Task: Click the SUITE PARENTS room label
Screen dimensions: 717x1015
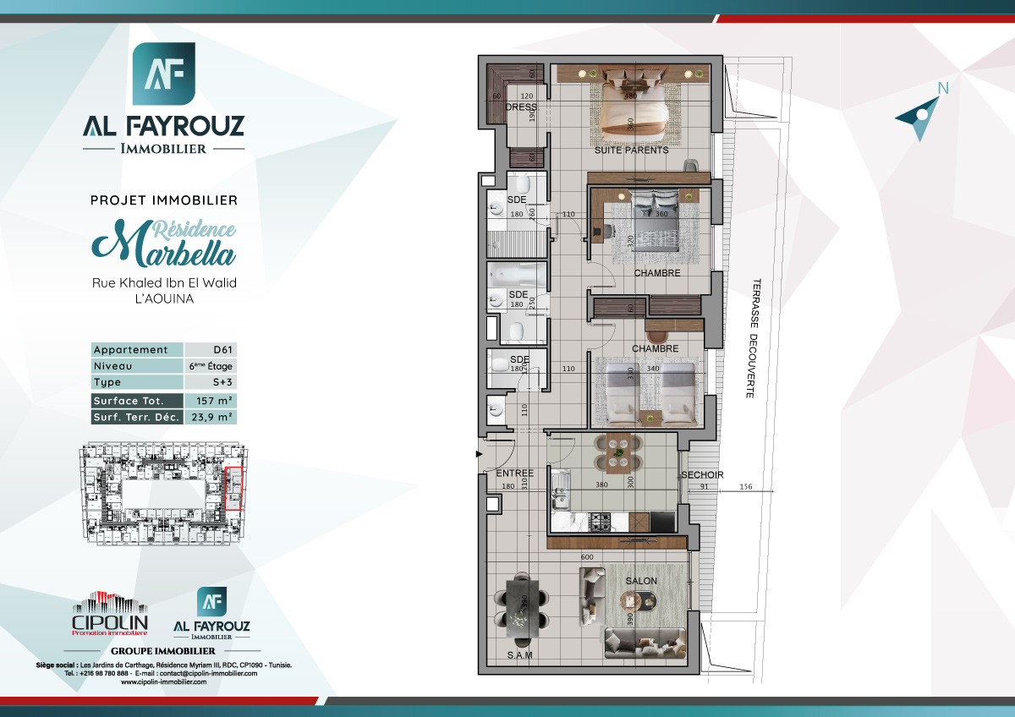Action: tap(631, 151)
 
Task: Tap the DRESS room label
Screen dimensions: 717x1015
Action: tap(521, 107)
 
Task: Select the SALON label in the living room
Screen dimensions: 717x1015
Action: tap(641, 582)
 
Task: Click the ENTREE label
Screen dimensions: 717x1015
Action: tap(513, 473)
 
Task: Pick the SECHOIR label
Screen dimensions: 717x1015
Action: tap(701, 475)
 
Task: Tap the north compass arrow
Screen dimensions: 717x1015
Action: tap(919, 113)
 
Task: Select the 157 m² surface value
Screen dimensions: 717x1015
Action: tap(210, 401)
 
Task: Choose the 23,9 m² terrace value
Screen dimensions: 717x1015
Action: tap(210, 417)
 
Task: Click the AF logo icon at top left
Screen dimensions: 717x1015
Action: tap(164, 74)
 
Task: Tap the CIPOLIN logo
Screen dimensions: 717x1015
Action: tap(109, 615)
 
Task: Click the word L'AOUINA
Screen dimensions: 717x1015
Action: tap(164, 298)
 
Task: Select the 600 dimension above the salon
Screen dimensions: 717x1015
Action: tap(586, 557)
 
